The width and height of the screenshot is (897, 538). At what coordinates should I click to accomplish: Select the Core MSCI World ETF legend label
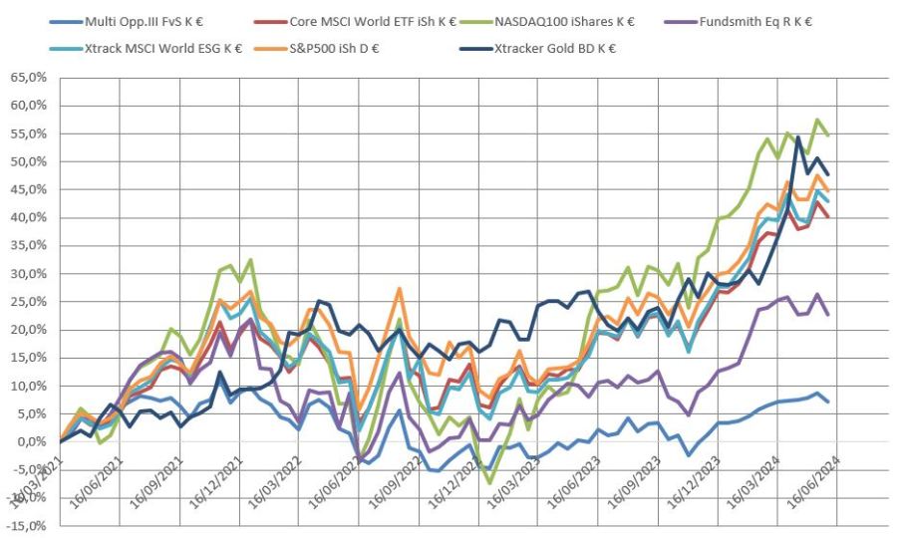click(368, 19)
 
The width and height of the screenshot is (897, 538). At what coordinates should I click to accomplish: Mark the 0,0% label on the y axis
click(31, 441)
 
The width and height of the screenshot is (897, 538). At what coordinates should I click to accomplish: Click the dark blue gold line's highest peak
click(798, 137)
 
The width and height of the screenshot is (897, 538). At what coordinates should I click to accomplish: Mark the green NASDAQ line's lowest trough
click(489, 483)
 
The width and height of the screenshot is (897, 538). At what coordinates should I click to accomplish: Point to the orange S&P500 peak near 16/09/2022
click(399, 289)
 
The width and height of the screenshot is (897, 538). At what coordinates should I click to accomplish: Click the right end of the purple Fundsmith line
click(828, 315)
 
